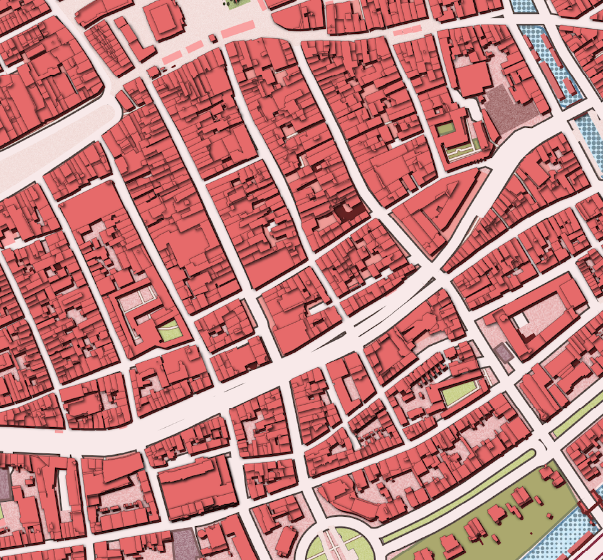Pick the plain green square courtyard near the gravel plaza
[x=446, y=129]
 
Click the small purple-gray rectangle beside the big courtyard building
[x=503, y=353]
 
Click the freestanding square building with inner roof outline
[x=165, y=19]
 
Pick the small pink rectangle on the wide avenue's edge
[x=59, y=431]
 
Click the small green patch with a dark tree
[x=238, y=4]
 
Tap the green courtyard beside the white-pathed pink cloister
[x=168, y=330]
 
